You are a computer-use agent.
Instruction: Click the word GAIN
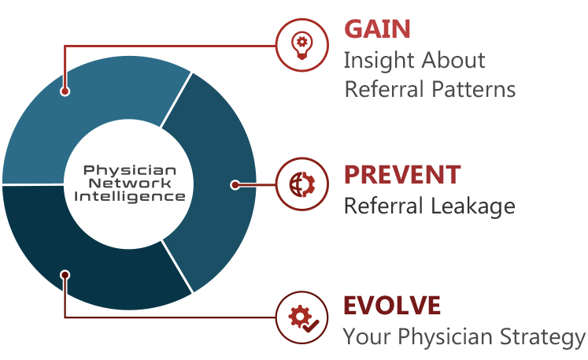click(x=377, y=29)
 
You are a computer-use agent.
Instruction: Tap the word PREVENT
click(x=402, y=175)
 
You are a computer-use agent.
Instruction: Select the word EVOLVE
click(x=392, y=305)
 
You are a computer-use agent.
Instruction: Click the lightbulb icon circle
click(x=302, y=45)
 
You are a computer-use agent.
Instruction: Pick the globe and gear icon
click(x=302, y=184)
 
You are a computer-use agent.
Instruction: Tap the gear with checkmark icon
click(x=303, y=319)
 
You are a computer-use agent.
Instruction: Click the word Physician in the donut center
click(x=130, y=170)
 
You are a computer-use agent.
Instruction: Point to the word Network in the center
click(x=130, y=184)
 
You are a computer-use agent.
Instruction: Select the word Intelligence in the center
click(x=130, y=197)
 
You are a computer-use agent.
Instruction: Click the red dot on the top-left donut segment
click(x=65, y=91)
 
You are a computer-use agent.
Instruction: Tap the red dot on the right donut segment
click(x=235, y=184)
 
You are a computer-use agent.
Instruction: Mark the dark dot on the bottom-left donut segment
click(x=65, y=275)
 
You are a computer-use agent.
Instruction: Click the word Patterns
click(x=473, y=90)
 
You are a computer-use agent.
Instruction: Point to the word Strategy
click(x=542, y=337)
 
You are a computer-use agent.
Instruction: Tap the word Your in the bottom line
click(x=367, y=336)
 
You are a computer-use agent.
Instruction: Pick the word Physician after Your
click(x=445, y=336)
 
